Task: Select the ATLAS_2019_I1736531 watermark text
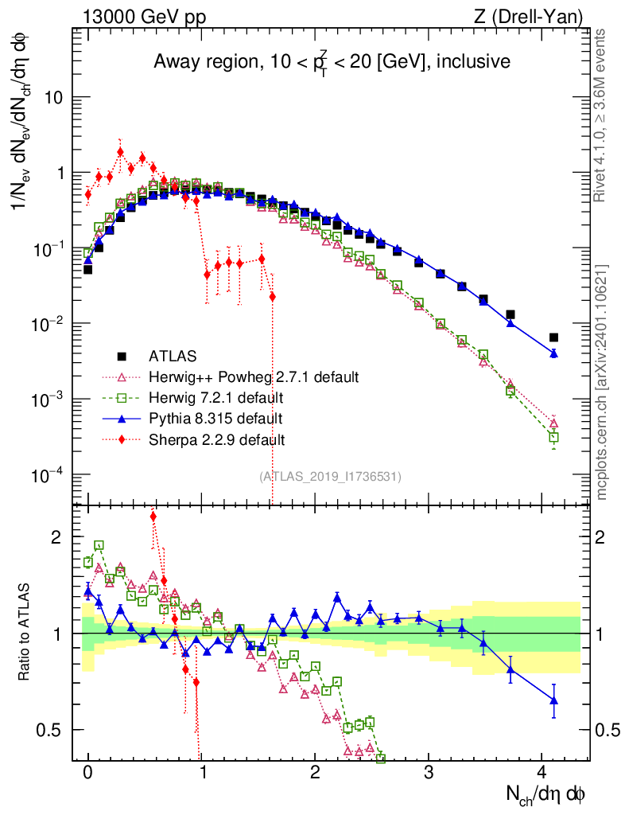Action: coord(330,476)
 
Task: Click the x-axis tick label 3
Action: coord(429,773)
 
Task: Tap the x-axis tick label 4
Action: coord(542,773)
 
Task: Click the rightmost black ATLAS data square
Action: coord(553,337)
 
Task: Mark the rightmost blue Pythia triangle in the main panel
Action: coord(553,353)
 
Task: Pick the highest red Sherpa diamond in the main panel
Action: coord(120,152)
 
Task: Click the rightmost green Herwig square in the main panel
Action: coord(553,437)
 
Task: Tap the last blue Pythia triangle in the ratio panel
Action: coord(553,700)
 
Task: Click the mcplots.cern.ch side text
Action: coord(602,382)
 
